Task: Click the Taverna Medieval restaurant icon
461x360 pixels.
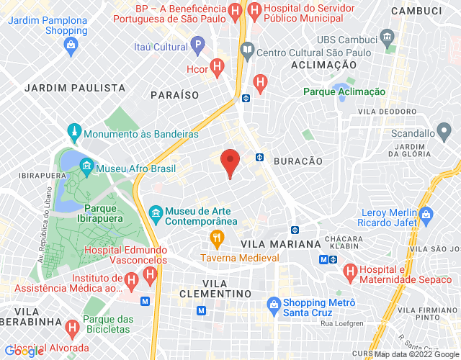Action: tap(215, 238)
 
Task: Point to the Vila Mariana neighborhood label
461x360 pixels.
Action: tap(281, 244)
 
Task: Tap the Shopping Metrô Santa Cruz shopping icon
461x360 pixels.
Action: tap(272, 303)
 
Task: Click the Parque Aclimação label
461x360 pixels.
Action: tap(344, 91)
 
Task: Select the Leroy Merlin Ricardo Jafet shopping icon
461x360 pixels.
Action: tap(426, 214)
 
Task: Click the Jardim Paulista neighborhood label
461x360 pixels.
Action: tap(75, 88)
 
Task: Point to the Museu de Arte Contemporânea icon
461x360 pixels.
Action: tap(155, 212)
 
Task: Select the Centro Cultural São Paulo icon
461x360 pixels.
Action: tap(247, 50)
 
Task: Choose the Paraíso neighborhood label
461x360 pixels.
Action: tap(174, 94)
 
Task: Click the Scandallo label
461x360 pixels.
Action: tap(413, 133)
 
